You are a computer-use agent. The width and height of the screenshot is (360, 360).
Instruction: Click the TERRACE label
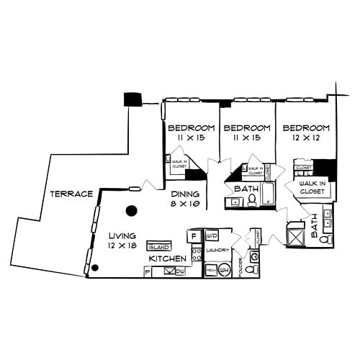click(x=72, y=194)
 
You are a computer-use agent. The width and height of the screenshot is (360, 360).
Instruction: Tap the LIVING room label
click(x=122, y=235)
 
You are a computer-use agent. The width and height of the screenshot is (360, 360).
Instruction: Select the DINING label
click(x=184, y=194)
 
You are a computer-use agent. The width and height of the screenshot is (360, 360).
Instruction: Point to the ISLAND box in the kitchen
click(x=158, y=246)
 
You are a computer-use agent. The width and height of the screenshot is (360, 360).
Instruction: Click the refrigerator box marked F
click(x=194, y=235)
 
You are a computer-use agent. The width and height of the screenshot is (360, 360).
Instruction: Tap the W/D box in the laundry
click(x=212, y=235)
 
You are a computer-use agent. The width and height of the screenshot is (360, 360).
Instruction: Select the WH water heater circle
click(x=224, y=270)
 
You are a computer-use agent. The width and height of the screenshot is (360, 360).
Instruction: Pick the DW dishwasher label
click(x=180, y=271)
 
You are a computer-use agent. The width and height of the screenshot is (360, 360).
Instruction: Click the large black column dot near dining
click(x=131, y=211)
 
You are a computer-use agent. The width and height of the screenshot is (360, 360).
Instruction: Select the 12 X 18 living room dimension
click(x=122, y=246)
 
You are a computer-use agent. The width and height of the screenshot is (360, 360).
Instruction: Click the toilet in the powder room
click(x=251, y=269)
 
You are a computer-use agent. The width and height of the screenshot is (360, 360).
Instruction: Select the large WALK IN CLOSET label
click(x=313, y=188)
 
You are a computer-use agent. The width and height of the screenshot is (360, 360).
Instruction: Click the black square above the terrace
click(x=132, y=99)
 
